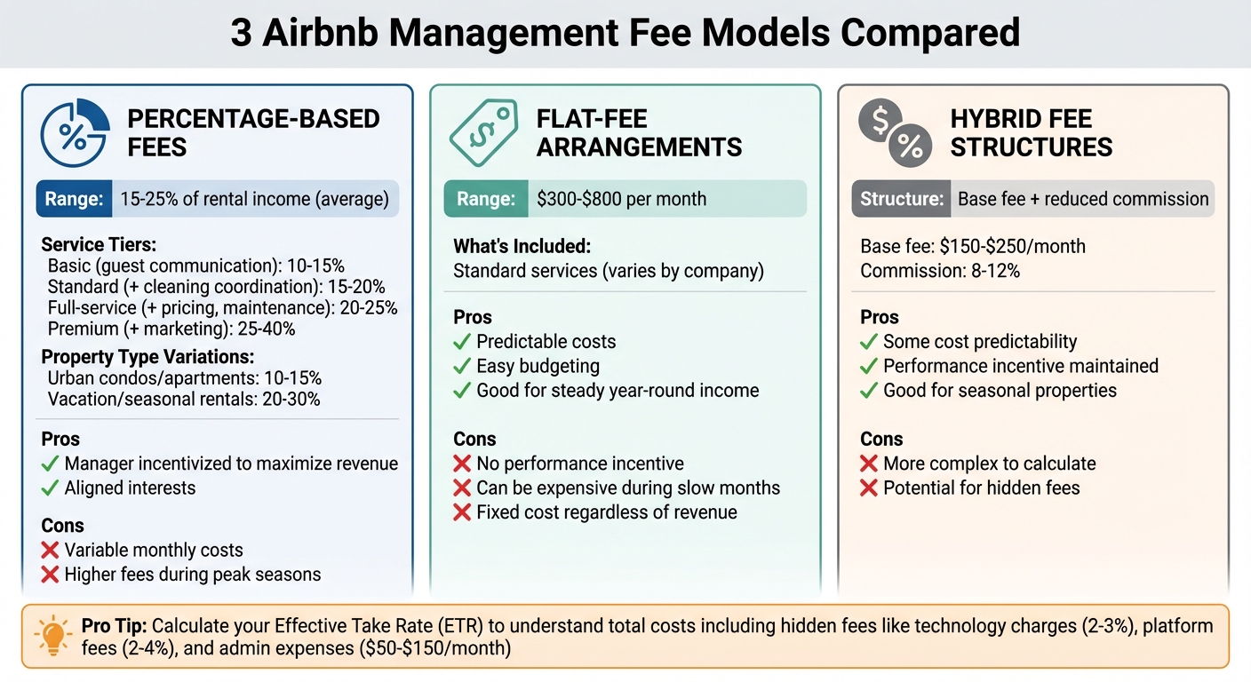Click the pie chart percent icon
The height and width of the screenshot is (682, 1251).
click(76, 132)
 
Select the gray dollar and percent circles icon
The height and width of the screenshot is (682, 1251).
click(894, 132)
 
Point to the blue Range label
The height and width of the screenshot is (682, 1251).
click(73, 199)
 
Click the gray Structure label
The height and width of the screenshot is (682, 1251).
click(900, 199)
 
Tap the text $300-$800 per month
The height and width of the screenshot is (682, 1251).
click(621, 199)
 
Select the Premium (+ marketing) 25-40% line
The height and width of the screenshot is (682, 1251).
click(171, 329)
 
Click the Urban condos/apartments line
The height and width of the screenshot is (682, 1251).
click(185, 378)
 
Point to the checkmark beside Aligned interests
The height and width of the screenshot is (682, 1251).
click(51, 488)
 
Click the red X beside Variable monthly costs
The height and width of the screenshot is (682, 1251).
click(51, 551)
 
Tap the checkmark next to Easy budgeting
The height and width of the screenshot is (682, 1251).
click(461, 366)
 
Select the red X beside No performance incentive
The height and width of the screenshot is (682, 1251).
click(461, 464)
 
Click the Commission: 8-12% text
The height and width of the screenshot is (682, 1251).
click(940, 271)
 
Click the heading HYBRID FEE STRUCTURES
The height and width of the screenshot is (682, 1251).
click(1031, 132)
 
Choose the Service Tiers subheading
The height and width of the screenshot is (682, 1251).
click(98, 245)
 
